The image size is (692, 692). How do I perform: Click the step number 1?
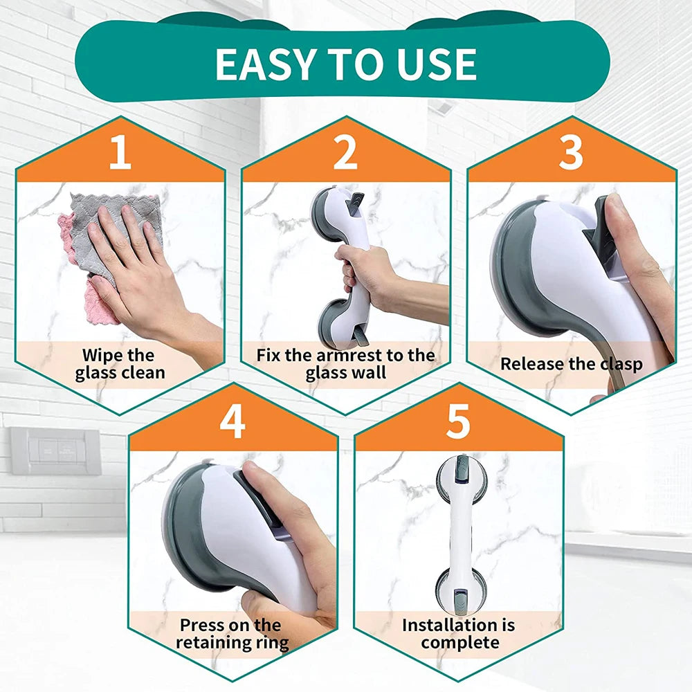click(120, 154)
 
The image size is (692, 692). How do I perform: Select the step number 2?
click(345, 154)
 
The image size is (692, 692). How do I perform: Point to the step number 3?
click(571, 154)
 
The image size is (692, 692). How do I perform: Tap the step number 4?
click(233, 422)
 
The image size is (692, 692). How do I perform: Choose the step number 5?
click(458, 422)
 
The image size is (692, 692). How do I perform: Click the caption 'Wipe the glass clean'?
click(120, 364)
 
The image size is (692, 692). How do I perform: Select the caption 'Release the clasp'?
click(571, 364)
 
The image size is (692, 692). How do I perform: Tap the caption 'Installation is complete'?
click(459, 634)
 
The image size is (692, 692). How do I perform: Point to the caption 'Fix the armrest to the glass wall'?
click(345, 364)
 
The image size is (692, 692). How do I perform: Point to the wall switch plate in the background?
click(55, 450)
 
